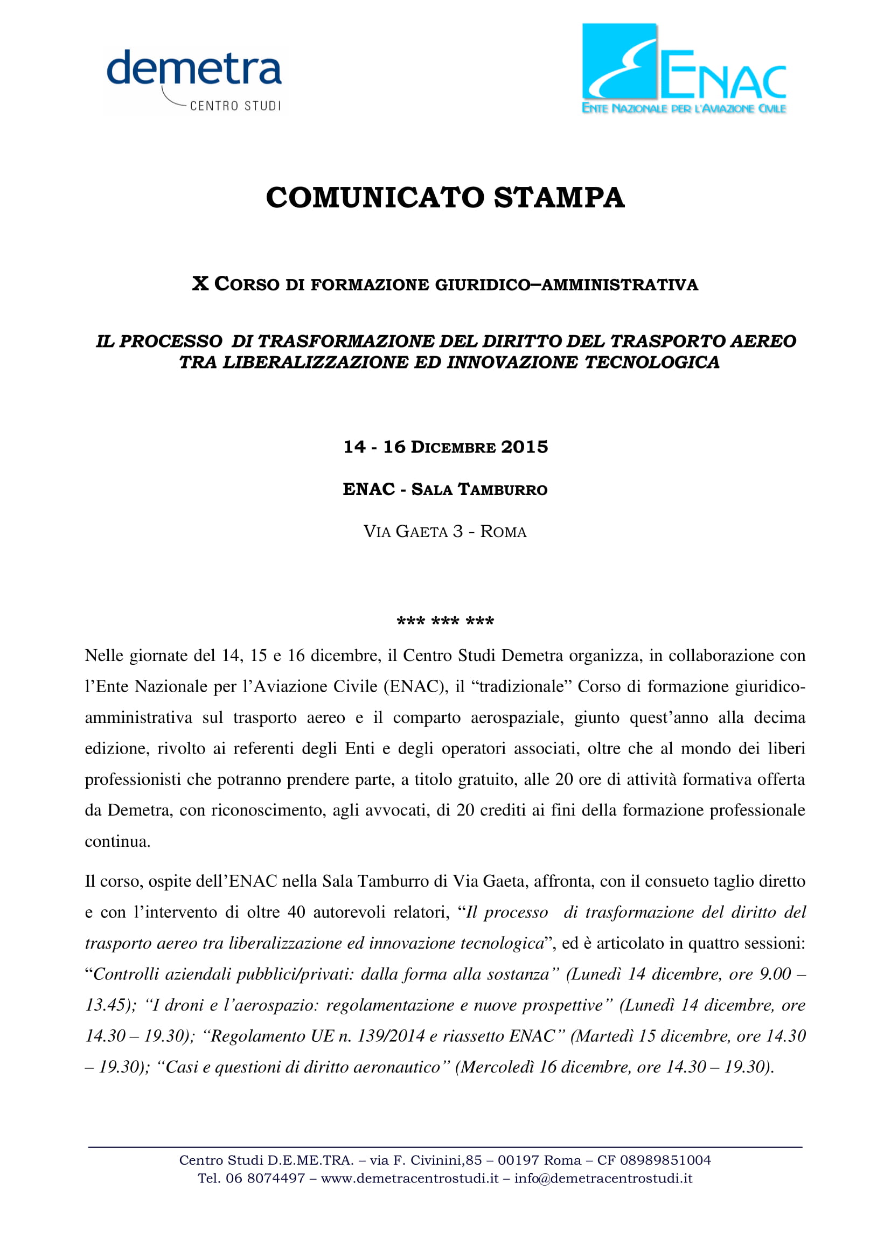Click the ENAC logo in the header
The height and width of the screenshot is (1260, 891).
point(684,68)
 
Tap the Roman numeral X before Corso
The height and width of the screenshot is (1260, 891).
point(200,284)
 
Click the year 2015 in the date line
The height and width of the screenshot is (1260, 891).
point(525,447)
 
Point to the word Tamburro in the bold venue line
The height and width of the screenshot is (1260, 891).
point(503,490)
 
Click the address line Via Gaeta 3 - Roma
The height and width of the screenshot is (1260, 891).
point(445,531)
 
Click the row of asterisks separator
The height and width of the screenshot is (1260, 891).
point(445,622)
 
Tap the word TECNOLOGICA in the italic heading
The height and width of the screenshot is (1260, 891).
point(652,362)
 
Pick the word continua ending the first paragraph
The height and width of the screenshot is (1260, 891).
point(117,842)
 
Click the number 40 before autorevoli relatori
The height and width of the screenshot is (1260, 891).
point(296,913)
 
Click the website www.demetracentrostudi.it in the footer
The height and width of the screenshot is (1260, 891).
point(410,1178)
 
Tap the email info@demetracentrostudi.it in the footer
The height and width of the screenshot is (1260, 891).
point(603,1178)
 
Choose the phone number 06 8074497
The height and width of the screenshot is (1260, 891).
point(265,1178)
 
